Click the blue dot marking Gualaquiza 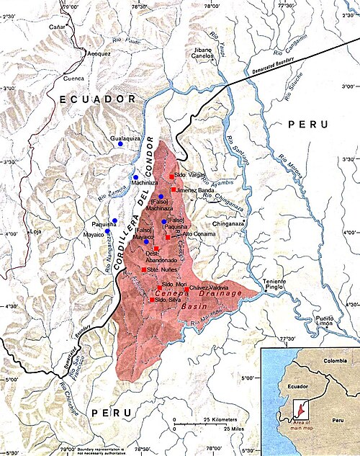(x=121, y=144)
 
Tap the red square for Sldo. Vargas (x=171, y=176)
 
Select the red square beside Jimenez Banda (x=174, y=189)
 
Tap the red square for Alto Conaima (x=168, y=236)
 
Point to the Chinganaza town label (x=227, y=223)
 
